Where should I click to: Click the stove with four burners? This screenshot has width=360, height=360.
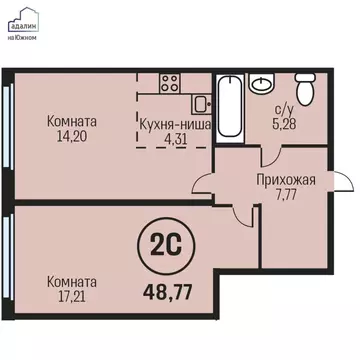point(169,83)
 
